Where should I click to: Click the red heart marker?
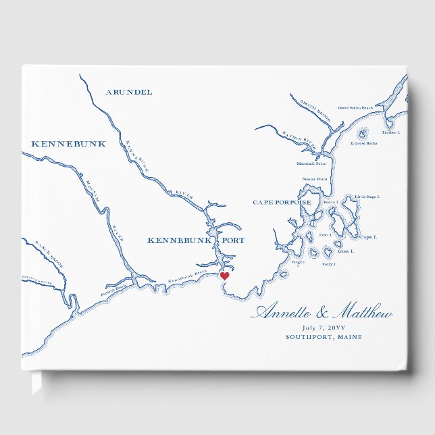225,276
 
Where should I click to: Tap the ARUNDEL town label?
130,92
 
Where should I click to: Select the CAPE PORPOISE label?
282,202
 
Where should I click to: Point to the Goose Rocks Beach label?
355,107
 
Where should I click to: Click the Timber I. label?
390,132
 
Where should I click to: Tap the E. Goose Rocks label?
363,143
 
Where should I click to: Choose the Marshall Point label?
311,163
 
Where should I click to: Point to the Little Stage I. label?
367,197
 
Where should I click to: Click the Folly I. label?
328,263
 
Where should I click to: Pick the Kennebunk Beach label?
187,276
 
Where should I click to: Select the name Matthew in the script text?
362,313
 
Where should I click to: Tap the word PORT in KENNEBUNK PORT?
230,240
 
